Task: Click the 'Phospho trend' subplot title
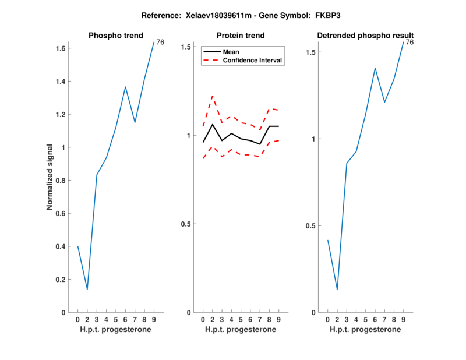click(x=115, y=36)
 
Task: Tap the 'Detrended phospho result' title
click(x=365, y=36)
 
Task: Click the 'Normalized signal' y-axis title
click(x=51, y=177)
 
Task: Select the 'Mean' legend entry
click(x=231, y=52)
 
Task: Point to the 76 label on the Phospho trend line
click(x=160, y=42)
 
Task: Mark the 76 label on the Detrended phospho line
click(x=409, y=43)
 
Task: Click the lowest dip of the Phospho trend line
click(x=87, y=290)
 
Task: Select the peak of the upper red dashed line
click(x=213, y=96)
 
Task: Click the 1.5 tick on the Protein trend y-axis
click(x=186, y=47)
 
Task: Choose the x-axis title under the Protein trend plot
click(x=240, y=330)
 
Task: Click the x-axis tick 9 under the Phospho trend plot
click(x=154, y=319)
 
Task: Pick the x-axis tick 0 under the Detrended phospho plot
click(x=327, y=319)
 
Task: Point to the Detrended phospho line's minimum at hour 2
click(x=337, y=290)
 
